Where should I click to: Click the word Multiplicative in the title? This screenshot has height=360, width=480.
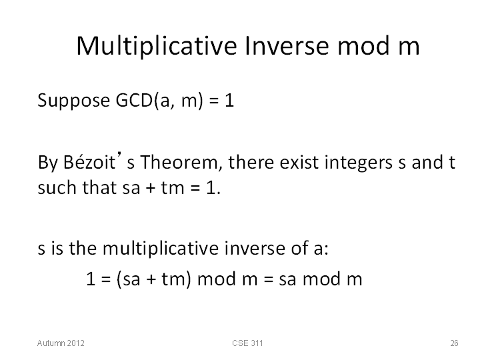157,46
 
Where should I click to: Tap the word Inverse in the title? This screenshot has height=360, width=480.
287,45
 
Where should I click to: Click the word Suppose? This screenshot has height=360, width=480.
73,101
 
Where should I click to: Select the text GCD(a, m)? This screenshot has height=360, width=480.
159,101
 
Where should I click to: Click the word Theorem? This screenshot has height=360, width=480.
181,162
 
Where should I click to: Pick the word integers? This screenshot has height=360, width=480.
358,163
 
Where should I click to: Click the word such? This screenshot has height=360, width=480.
57,187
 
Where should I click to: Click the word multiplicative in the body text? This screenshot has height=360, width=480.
161,248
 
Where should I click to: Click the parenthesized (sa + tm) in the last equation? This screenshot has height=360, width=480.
154,279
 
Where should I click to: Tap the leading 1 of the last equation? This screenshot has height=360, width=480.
91,279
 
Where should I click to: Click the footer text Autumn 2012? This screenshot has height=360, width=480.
61,343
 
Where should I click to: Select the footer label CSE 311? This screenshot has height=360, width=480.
247,343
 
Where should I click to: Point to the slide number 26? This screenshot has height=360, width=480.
454,343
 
